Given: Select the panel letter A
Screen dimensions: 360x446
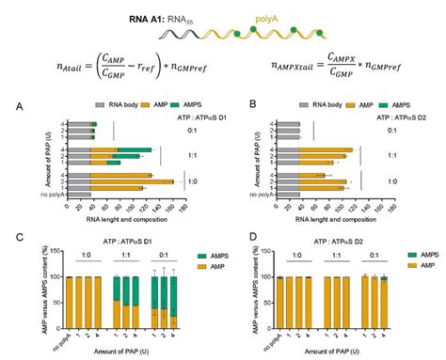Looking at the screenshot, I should [x=19, y=107].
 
